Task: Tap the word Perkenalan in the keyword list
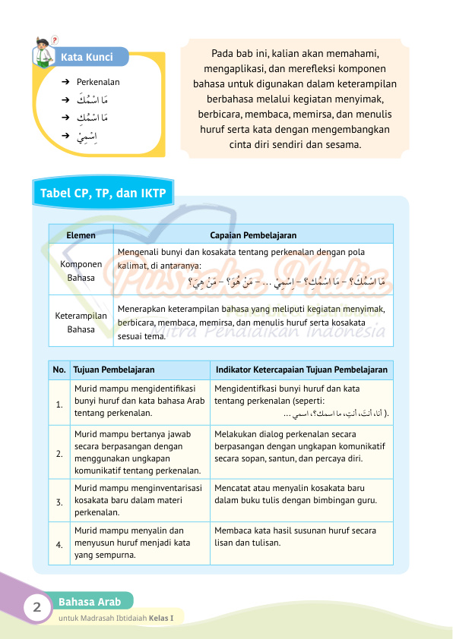coord(98,82)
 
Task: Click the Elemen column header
coord(81,235)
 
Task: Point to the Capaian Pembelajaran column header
coord(253,235)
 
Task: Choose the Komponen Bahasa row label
coord(81,271)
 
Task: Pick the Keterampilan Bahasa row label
coord(81,323)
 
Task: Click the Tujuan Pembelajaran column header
coord(114,370)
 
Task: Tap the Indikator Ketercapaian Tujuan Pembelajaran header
coord(302,370)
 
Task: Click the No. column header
coord(59,370)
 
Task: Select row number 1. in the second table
coord(59,403)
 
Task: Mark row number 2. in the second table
coord(59,453)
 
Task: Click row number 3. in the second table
coord(59,502)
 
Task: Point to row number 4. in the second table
coord(59,543)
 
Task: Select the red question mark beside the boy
coord(55,39)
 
